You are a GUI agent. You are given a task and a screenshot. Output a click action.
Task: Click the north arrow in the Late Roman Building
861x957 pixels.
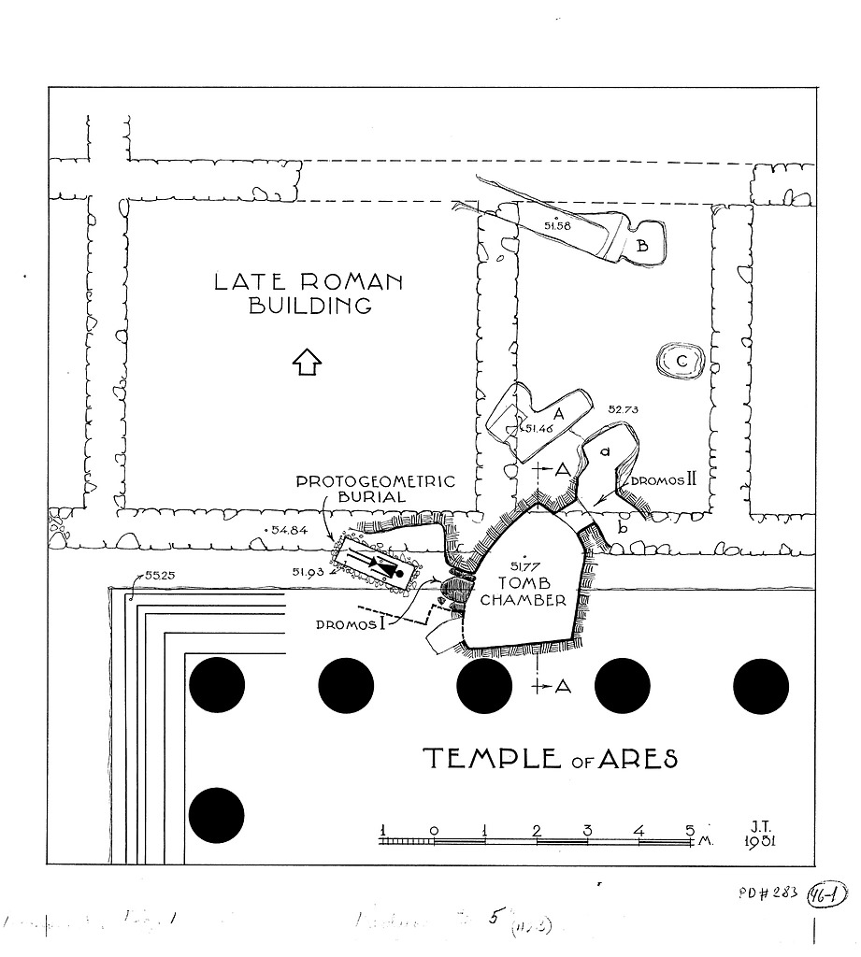(307, 361)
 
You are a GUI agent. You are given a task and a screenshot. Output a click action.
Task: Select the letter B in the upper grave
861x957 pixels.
(643, 246)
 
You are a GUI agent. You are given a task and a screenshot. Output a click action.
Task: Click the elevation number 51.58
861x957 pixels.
(556, 226)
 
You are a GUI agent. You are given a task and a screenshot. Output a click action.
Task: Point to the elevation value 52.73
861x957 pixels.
(624, 409)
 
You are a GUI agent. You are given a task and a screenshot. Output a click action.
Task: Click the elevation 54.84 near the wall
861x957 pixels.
(288, 531)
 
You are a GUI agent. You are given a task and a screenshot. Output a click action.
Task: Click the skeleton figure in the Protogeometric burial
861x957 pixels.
(381, 566)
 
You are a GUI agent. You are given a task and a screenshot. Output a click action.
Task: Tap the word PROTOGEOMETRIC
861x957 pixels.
(376, 482)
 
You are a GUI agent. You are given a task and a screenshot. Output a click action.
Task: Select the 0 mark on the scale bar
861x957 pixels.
(434, 829)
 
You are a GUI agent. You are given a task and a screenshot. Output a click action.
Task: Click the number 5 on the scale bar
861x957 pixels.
(690, 829)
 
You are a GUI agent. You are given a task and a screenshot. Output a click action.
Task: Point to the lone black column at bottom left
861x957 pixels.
(216, 815)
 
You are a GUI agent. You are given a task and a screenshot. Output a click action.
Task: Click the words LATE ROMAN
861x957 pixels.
(308, 281)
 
